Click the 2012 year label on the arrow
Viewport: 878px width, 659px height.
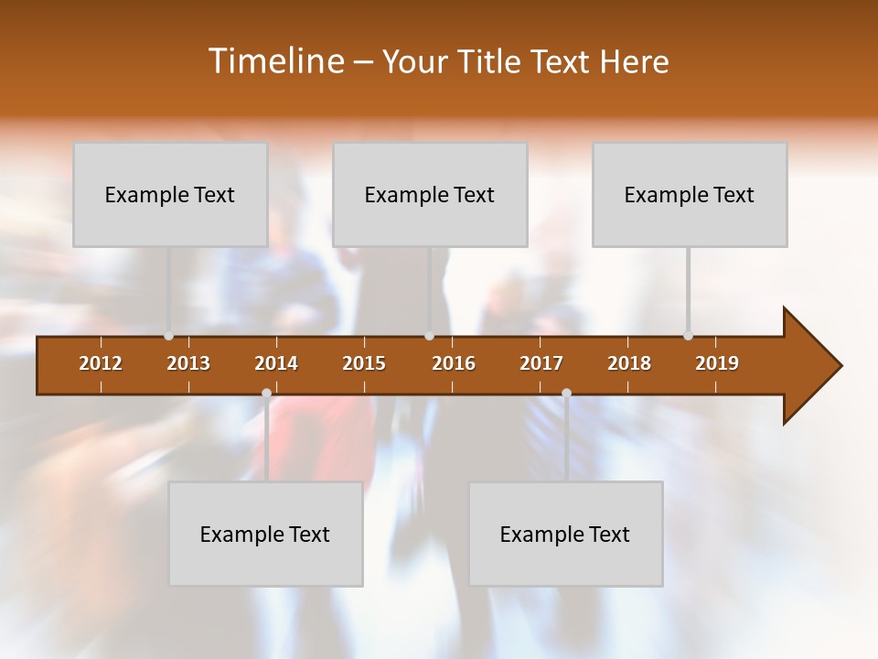(x=101, y=363)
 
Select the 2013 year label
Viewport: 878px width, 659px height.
(x=188, y=363)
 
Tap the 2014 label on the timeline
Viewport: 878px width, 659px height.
(x=276, y=363)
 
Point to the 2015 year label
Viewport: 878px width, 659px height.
(x=364, y=363)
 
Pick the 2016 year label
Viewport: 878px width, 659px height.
(x=454, y=363)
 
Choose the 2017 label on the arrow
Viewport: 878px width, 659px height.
(x=541, y=363)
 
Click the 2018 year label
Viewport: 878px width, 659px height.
(x=629, y=363)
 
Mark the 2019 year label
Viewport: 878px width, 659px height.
(x=717, y=363)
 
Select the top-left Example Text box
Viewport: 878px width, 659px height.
(x=170, y=194)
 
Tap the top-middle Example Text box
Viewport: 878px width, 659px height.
(x=430, y=194)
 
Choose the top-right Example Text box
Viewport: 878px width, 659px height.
(x=690, y=194)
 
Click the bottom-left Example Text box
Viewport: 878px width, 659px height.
(x=265, y=534)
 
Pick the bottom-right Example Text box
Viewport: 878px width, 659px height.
(x=565, y=534)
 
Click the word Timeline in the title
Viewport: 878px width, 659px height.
(x=274, y=61)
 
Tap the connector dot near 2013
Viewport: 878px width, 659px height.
(x=168, y=336)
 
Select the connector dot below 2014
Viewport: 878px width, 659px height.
(x=266, y=393)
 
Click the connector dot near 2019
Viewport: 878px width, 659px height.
(x=688, y=336)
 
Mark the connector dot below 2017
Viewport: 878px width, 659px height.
(x=566, y=393)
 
